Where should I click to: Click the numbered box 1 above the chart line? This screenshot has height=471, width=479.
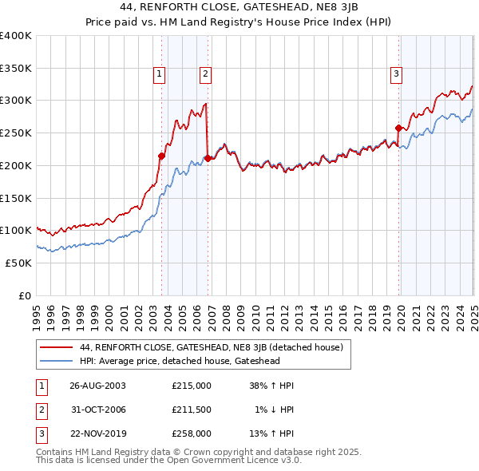[x=160, y=75]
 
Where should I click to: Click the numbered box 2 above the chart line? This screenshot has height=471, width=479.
[x=205, y=75]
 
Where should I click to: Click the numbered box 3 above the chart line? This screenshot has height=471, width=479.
[x=396, y=75]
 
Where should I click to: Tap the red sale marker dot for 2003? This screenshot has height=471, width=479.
[x=161, y=156]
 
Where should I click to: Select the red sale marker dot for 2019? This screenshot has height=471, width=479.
[x=398, y=127]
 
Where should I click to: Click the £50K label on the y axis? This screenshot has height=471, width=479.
[x=19, y=263]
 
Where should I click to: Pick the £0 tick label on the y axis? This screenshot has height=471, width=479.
[x=25, y=295]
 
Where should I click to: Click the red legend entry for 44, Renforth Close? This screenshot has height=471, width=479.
[x=211, y=347]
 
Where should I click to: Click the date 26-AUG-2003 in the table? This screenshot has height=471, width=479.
[x=97, y=385]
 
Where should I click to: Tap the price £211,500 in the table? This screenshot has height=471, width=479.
[x=192, y=410]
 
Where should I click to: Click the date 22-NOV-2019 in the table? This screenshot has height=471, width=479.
[x=97, y=434]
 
